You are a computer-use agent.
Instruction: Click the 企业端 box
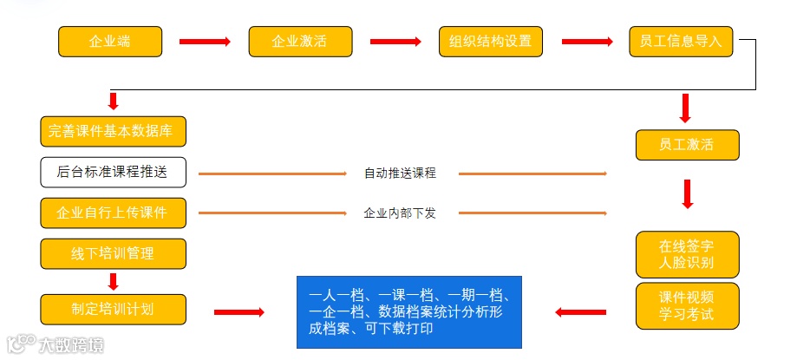(x=110, y=42)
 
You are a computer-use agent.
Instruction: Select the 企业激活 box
(x=300, y=42)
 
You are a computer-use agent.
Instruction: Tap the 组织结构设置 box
(x=491, y=42)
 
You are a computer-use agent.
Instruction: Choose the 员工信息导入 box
(x=682, y=42)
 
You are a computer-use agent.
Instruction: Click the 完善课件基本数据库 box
(x=114, y=131)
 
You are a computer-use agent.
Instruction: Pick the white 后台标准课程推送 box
(x=114, y=172)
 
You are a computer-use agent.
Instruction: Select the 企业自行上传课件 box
(x=114, y=213)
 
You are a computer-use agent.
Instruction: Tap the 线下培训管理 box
(x=114, y=253)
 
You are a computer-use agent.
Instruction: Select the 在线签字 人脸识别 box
(x=687, y=254)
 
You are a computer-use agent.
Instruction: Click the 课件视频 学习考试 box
(x=687, y=305)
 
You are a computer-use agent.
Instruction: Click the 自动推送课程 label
(x=400, y=173)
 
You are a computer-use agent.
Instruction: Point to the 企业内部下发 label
(x=400, y=213)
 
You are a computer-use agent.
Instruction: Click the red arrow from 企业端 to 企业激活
(x=205, y=42)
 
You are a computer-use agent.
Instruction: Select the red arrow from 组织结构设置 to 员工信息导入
(x=587, y=42)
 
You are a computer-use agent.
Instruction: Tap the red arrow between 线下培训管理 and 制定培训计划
(x=113, y=281)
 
